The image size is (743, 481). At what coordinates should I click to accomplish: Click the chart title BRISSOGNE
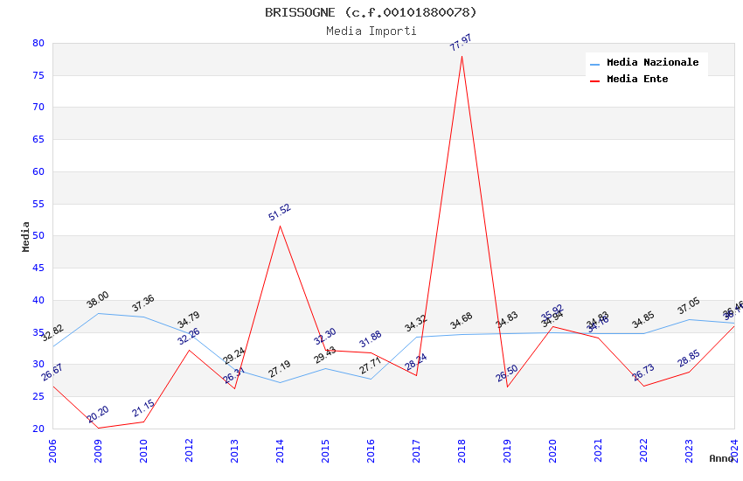point(371,12)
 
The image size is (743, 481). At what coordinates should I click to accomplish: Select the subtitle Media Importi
point(371,31)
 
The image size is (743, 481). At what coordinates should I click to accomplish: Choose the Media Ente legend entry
point(637,80)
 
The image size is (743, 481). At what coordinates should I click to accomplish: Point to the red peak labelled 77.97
point(462,56)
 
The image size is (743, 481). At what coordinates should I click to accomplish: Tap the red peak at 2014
point(280,226)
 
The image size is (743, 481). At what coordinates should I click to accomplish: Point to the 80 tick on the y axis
point(38,43)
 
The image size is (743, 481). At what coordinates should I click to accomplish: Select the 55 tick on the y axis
point(38,204)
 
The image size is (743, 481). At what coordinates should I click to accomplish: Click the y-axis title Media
point(26,236)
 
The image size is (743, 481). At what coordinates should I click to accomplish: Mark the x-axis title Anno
point(721,458)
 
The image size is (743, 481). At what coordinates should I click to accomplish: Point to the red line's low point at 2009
point(98,428)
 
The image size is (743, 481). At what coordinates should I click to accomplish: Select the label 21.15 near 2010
point(143,408)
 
